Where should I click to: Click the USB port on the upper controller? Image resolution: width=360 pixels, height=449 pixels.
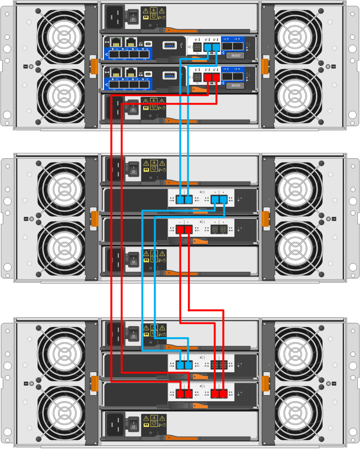pyautogui.click(x=169, y=45)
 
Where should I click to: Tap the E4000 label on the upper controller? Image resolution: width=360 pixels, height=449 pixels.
pyautogui.click(x=235, y=56)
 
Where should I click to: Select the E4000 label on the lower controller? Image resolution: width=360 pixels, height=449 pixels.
pyautogui.click(x=235, y=85)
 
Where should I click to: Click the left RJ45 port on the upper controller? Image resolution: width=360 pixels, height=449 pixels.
pyautogui.click(x=116, y=42)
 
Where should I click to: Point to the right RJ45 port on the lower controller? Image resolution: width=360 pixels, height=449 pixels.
pyautogui.click(x=132, y=72)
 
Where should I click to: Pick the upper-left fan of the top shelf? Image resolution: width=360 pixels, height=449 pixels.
pyautogui.click(x=61, y=35)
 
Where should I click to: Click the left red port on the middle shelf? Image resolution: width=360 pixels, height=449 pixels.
pyautogui.click(x=180, y=229)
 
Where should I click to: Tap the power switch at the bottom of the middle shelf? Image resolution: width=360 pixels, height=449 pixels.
pyautogui.click(x=134, y=261)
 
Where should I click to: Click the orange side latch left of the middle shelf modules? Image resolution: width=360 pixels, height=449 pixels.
pyautogui.click(x=94, y=218)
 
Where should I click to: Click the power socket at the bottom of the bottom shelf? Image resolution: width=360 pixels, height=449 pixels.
pyautogui.click(x=115, y=424)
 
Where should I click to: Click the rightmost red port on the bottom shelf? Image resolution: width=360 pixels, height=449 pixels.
pyautogui.click(x=224, y=394)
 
